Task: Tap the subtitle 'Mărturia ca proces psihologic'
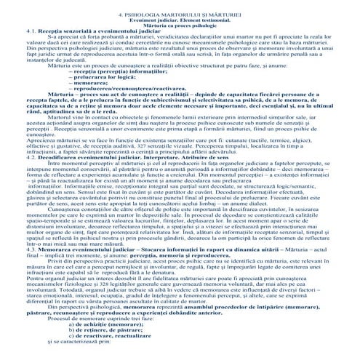(180, 27)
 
